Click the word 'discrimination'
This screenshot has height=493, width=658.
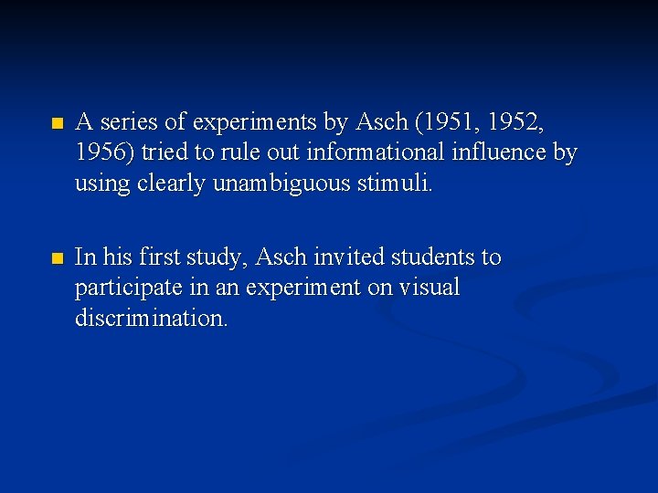pos(152,319)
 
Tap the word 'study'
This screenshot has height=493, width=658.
pos(209,257)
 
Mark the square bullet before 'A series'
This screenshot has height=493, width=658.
pos(58,122)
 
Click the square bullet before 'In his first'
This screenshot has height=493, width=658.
pos(58,259)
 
